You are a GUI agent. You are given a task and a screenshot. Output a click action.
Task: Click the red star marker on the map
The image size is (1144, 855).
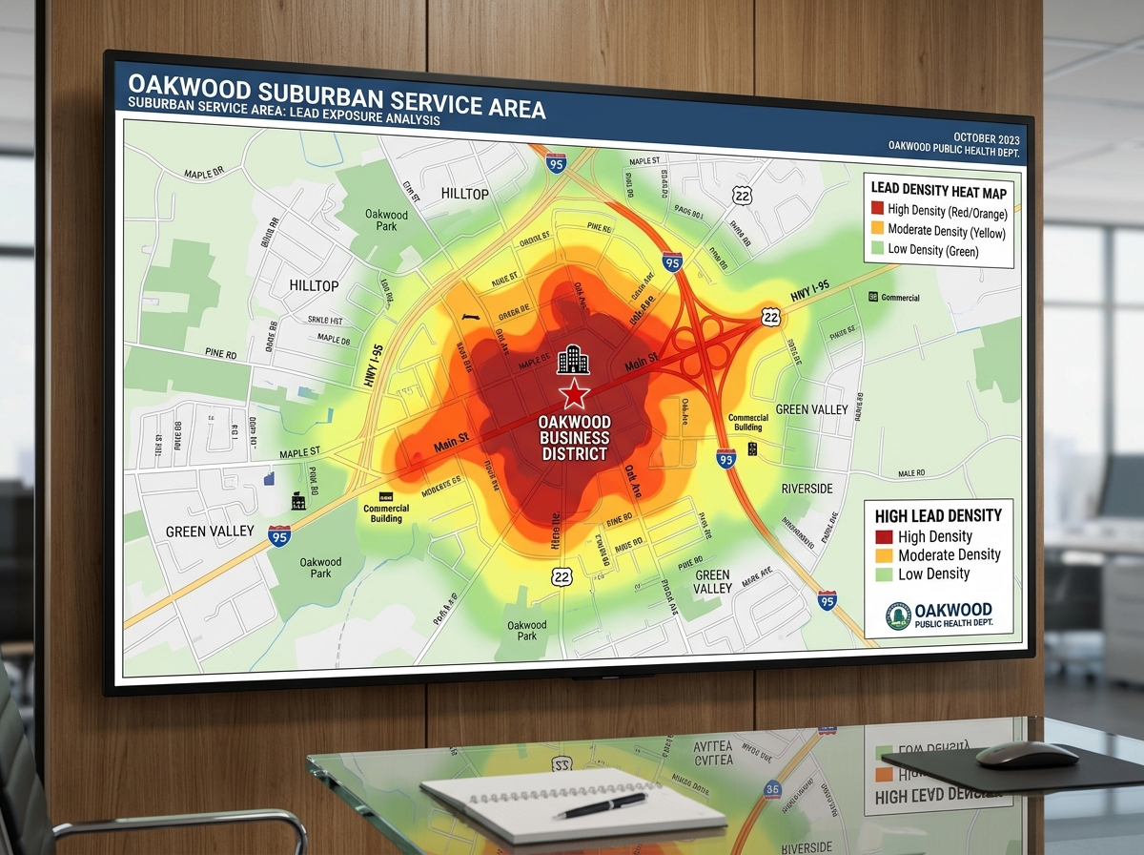pos(574,392)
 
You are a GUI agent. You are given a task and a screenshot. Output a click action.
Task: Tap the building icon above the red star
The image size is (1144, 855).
pos(573,359)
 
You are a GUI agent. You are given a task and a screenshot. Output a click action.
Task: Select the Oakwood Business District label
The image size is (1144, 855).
pos(575,438)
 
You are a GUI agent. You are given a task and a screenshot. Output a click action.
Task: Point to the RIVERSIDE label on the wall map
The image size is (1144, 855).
pos(807,489)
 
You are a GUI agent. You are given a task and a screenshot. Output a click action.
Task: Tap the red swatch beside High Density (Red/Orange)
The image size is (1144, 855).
pos(876,210)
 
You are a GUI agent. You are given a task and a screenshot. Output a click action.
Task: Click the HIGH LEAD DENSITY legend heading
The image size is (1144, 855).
pos(938,515)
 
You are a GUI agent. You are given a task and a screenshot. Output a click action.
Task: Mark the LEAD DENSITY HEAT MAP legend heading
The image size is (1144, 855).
pos(938,190)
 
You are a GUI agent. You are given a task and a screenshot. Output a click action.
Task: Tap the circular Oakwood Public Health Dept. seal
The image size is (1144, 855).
pos(898,615)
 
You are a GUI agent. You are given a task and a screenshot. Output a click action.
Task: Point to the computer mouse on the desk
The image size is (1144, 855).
pos(1026,755)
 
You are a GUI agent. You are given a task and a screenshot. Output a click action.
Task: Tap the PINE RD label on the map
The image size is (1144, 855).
pos(220,354)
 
